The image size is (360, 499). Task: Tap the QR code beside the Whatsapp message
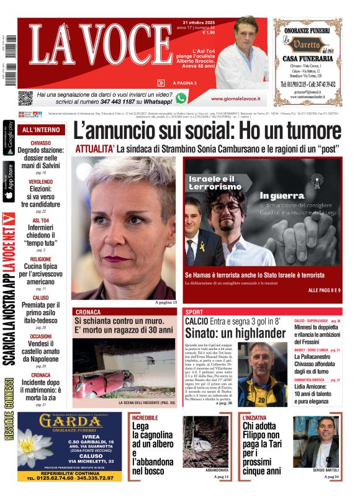pos(25,97)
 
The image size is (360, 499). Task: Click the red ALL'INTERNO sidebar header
pos(41,130)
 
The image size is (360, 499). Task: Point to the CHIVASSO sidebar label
pos(41,143)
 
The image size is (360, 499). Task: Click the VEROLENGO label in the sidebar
pos(41,182)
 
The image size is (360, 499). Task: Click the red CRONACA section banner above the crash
pos(93,312)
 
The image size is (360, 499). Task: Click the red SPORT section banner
pos(194,312)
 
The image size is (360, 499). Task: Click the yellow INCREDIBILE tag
pos(145,418)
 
